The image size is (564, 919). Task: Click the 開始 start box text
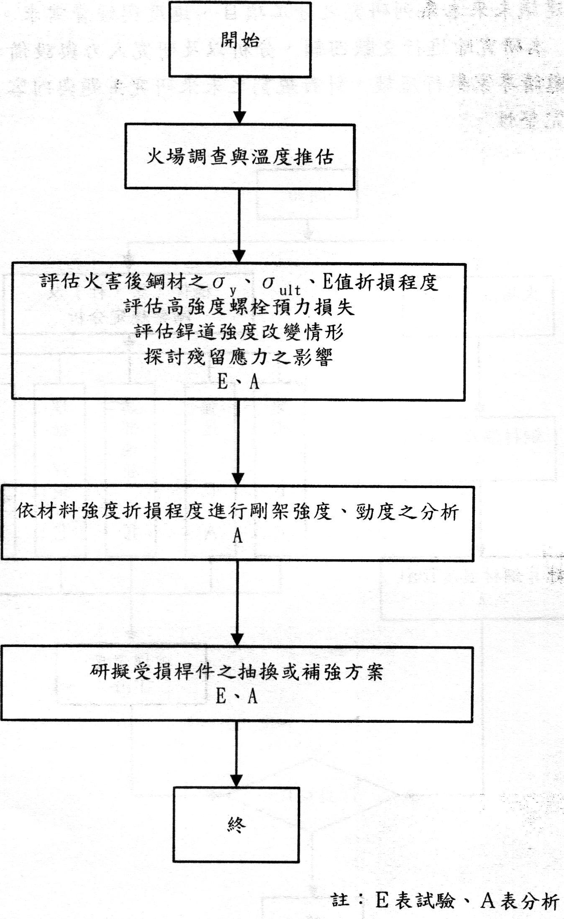click(240, 40)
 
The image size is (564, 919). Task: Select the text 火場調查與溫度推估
click(240, 157)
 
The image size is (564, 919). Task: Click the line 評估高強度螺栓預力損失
click(239, 307)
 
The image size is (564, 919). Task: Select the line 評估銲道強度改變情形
click(239, 332)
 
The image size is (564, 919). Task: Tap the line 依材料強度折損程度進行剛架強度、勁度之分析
click(238, 512)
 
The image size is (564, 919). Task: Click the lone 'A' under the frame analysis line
click(238, 536)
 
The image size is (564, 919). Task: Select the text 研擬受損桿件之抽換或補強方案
click(236, 672)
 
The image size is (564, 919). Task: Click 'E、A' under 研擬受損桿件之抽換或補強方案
click(236, 697)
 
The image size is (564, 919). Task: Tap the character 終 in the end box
click(236, 824)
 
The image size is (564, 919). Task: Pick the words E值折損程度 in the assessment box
click(379, 282)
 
